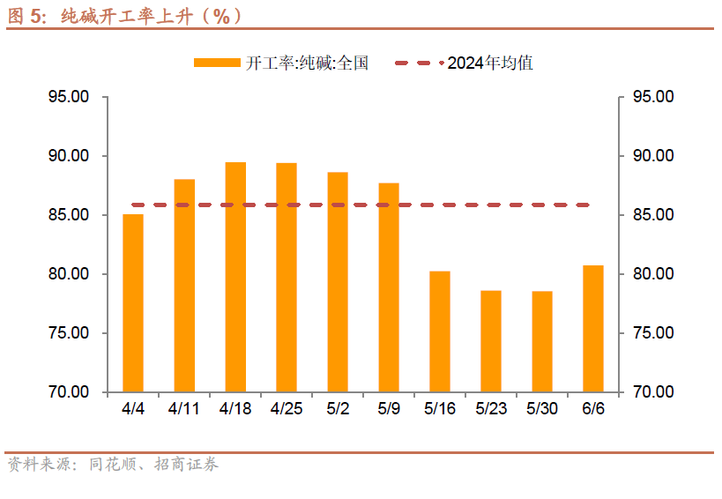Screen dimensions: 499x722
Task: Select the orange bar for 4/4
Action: pos(133,303)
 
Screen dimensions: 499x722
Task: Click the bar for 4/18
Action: pos(235,277)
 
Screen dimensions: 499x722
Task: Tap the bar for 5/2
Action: pos(338,282)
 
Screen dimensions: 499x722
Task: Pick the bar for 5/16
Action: pos(440,331)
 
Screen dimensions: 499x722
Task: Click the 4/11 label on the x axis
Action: pos(184,409)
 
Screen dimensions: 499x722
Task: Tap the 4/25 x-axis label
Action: pos(287,409)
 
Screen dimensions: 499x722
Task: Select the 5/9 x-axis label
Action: pos(389,409)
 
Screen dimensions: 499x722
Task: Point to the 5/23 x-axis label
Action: pos(491,409)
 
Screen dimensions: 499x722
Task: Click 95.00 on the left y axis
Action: pos(69,97)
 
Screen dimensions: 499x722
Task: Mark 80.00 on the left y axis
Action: pos(69,274)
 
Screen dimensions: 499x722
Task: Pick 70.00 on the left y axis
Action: pos(69,392)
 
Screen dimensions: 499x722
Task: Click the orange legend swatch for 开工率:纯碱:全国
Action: pos(217,63)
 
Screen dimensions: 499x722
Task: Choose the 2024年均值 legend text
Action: pos(490,63)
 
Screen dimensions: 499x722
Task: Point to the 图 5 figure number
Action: pos(26,15)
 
